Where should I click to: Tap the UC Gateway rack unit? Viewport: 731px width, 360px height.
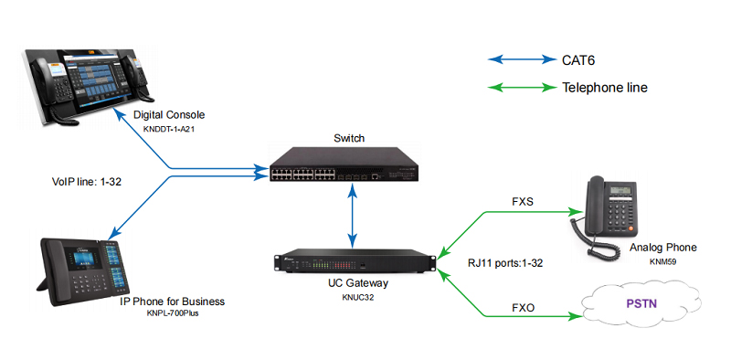click(x=352, y=260)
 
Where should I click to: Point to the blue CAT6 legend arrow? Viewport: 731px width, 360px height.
click(x=520, y=60)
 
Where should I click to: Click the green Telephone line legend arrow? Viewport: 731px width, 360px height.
click(x=520, y=89)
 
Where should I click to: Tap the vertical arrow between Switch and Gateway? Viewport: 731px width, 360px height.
click(x=352, y=214)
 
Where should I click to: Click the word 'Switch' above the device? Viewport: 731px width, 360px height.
click(x=349, y=138)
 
